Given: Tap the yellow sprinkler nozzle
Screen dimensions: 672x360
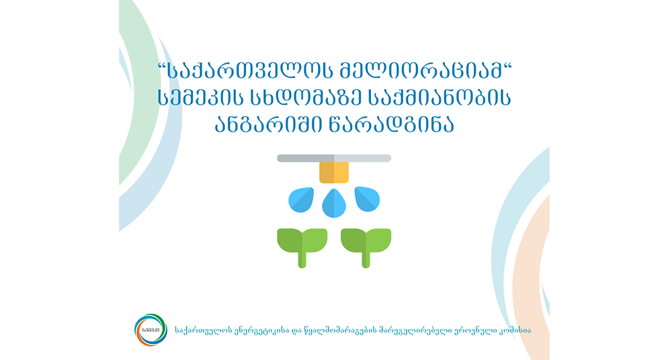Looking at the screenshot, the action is coord(334,173).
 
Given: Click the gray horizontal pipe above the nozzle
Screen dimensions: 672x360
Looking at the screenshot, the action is coord(334,158).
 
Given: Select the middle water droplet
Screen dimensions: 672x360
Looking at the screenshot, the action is coord(334,204).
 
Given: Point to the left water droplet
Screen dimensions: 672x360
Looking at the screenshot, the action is coord(301,199).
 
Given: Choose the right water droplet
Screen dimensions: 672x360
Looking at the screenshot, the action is coord(368,199).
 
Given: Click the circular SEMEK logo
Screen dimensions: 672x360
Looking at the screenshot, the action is coord(150,330).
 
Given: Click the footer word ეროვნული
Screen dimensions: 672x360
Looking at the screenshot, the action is coord(474,330).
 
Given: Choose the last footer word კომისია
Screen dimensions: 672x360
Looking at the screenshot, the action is coord(514,330).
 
